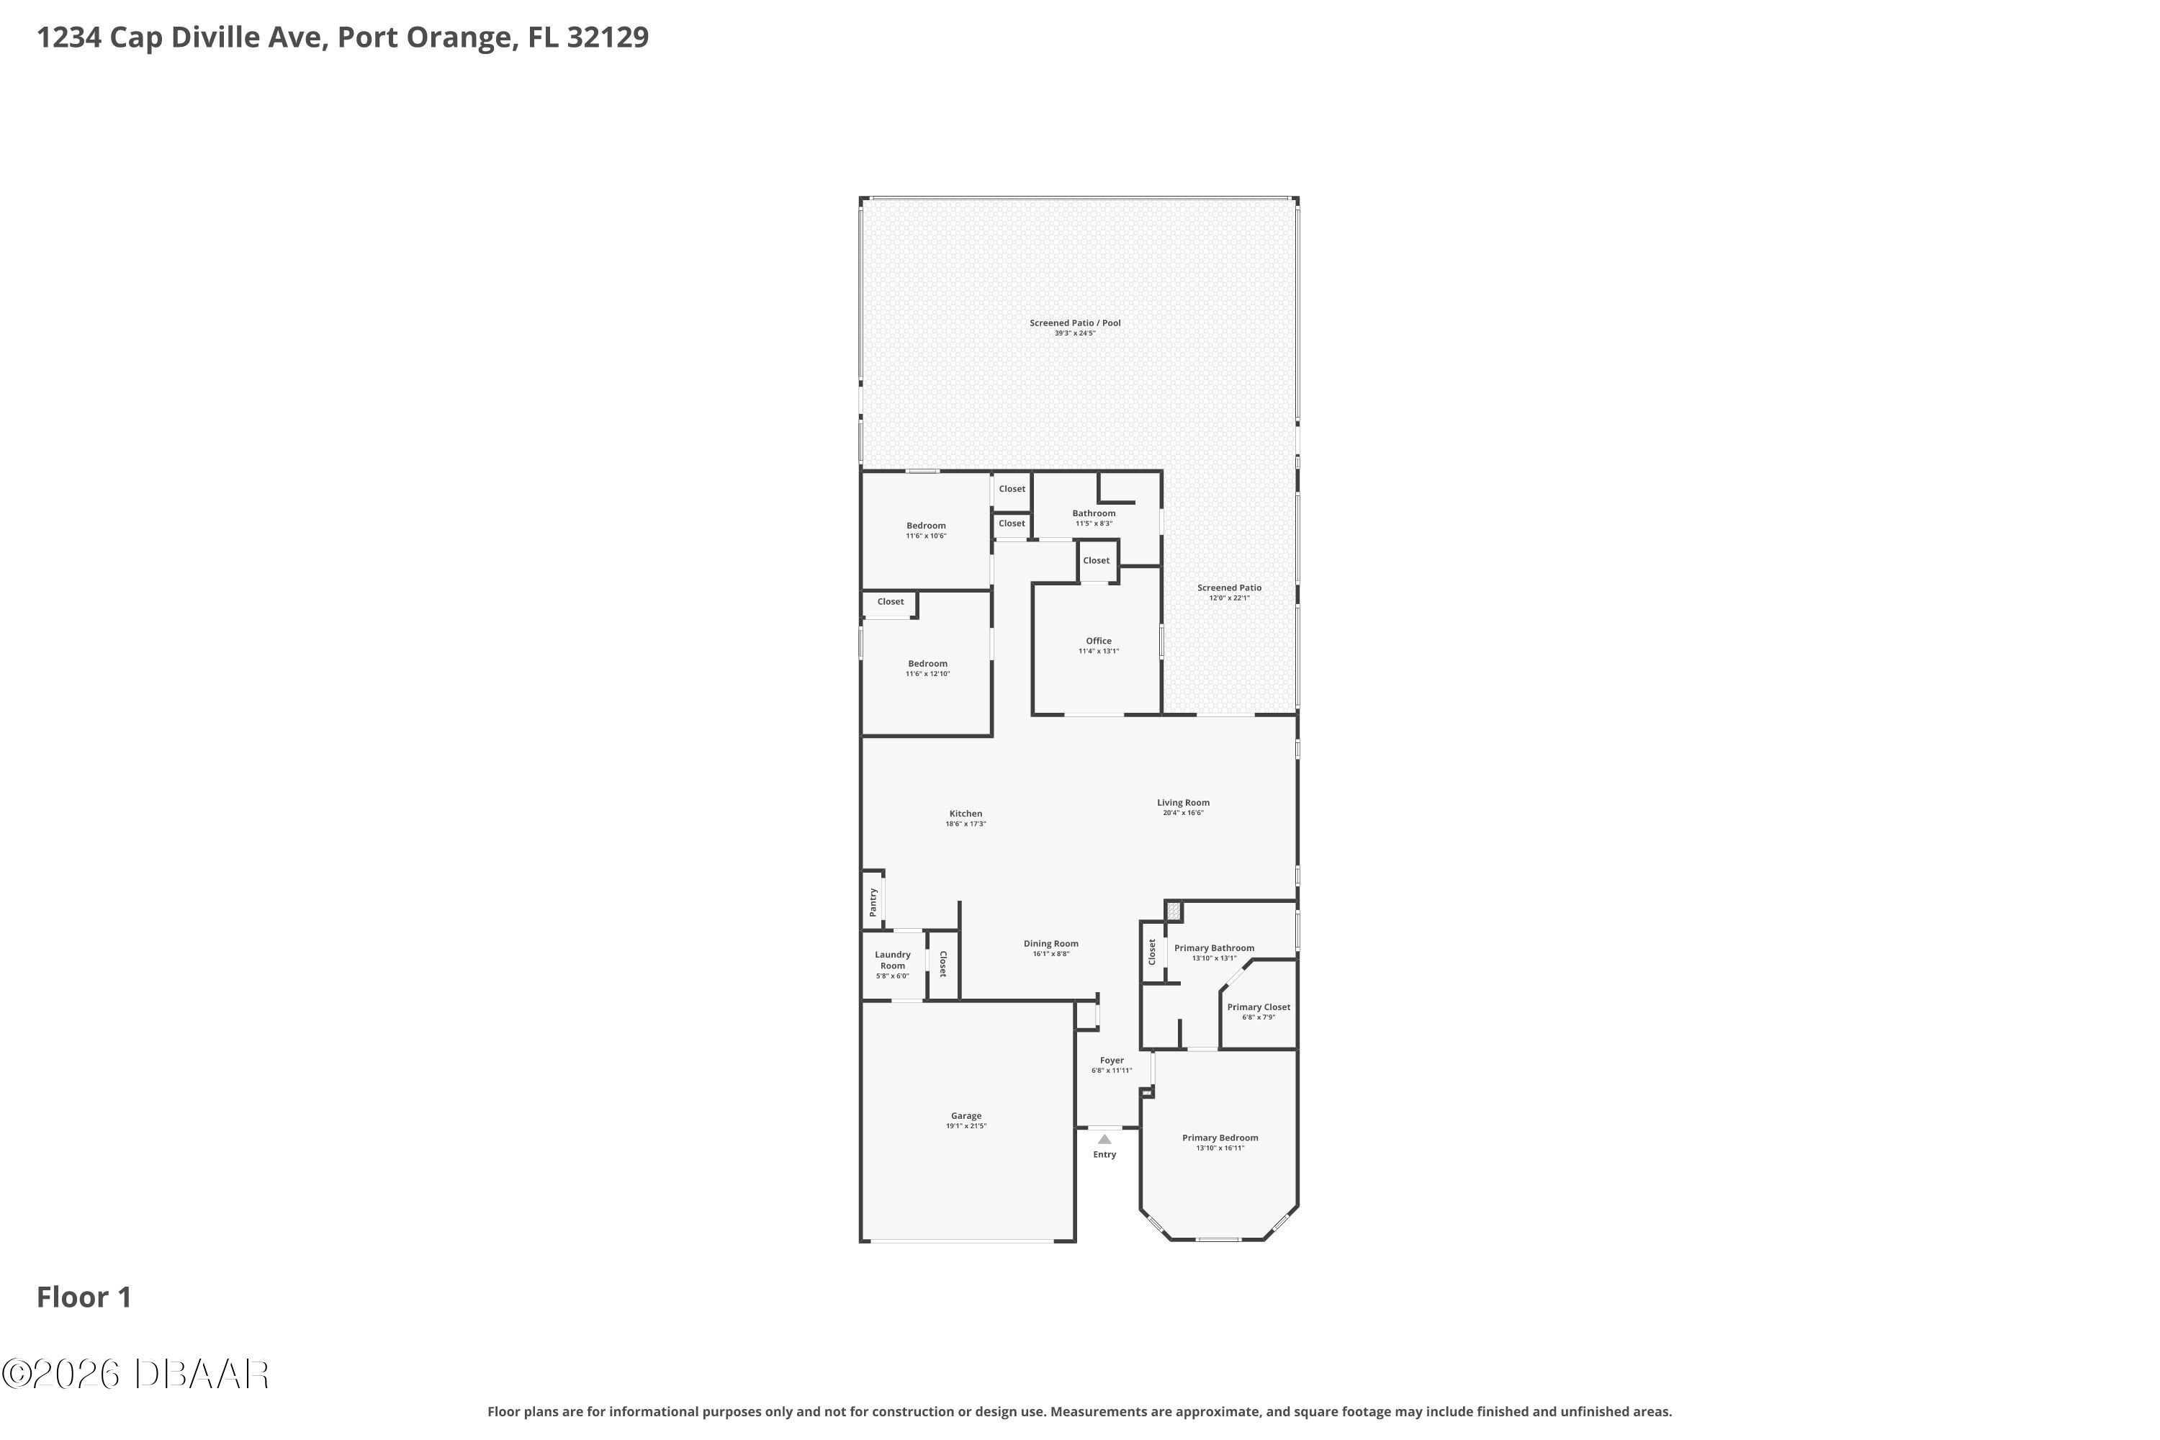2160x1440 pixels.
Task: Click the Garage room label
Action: click(x=966, y=1116)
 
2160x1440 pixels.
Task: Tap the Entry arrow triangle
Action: click(x=1104, y=1140)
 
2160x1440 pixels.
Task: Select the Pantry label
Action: click(x=873, y=902)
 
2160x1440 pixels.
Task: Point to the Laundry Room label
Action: click(x=893, y=960)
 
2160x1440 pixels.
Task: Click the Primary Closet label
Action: click(x=1259, y=1007)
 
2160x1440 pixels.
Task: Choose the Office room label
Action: click(x=1099, y=641)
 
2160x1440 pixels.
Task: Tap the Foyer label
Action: click(x=1112, y=1061)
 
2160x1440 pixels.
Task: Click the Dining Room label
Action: click(x=1051, y=944)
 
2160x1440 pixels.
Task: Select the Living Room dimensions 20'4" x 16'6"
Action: click(x=1183, y=813)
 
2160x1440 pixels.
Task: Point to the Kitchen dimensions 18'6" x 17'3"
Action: click(x=966, y=824)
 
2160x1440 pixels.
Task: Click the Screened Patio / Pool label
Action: click(x=1076, y=323)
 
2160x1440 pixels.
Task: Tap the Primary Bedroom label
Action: click(x=1220, y=1138)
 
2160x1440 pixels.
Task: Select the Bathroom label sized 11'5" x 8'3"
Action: click(x=1094, y=513)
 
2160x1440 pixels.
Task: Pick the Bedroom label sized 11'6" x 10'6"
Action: click(x=926, y=526)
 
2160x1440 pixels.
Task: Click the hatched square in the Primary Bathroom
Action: click(x=1174, y=912)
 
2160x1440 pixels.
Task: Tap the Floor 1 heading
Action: click(x=84, y=1297)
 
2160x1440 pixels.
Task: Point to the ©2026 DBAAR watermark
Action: click(x=135, y=1374)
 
